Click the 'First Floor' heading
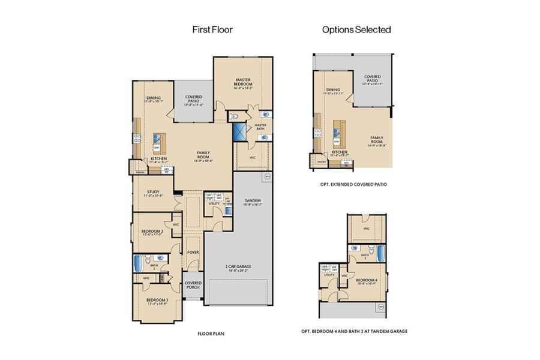212,29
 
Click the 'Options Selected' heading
356,29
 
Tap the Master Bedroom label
243,83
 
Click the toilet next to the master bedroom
235,115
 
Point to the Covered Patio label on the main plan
193,100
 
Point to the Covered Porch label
193,284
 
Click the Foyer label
193,252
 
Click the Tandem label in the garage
252,202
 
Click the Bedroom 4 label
367,281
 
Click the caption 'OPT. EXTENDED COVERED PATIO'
353,184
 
